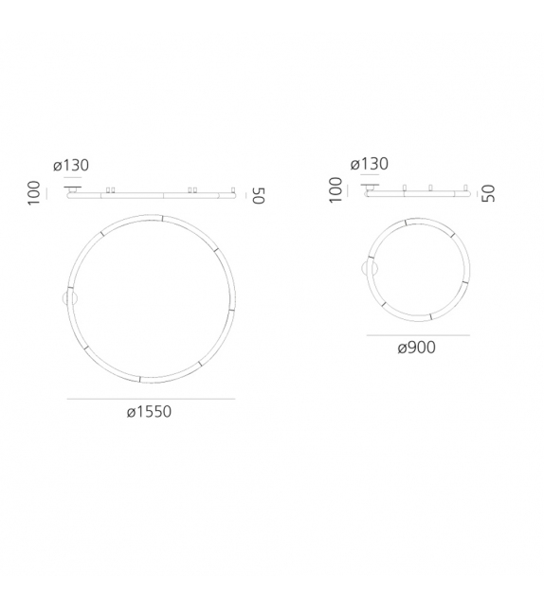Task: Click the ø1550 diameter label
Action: click(149, 413)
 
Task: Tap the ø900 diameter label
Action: click(416, 348)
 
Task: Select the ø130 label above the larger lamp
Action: click(71, 166)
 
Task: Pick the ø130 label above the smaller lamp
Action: click(369, 165)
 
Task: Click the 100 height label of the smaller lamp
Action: click(333, 190)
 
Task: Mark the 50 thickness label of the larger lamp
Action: click(257, 196)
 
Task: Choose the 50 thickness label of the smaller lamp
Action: click(487, 192)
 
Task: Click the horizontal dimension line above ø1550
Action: click(151, 399)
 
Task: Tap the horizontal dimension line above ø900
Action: click(417, 335)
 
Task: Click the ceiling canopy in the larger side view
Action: click(71, 189)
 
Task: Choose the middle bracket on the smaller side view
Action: click(430, 188)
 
